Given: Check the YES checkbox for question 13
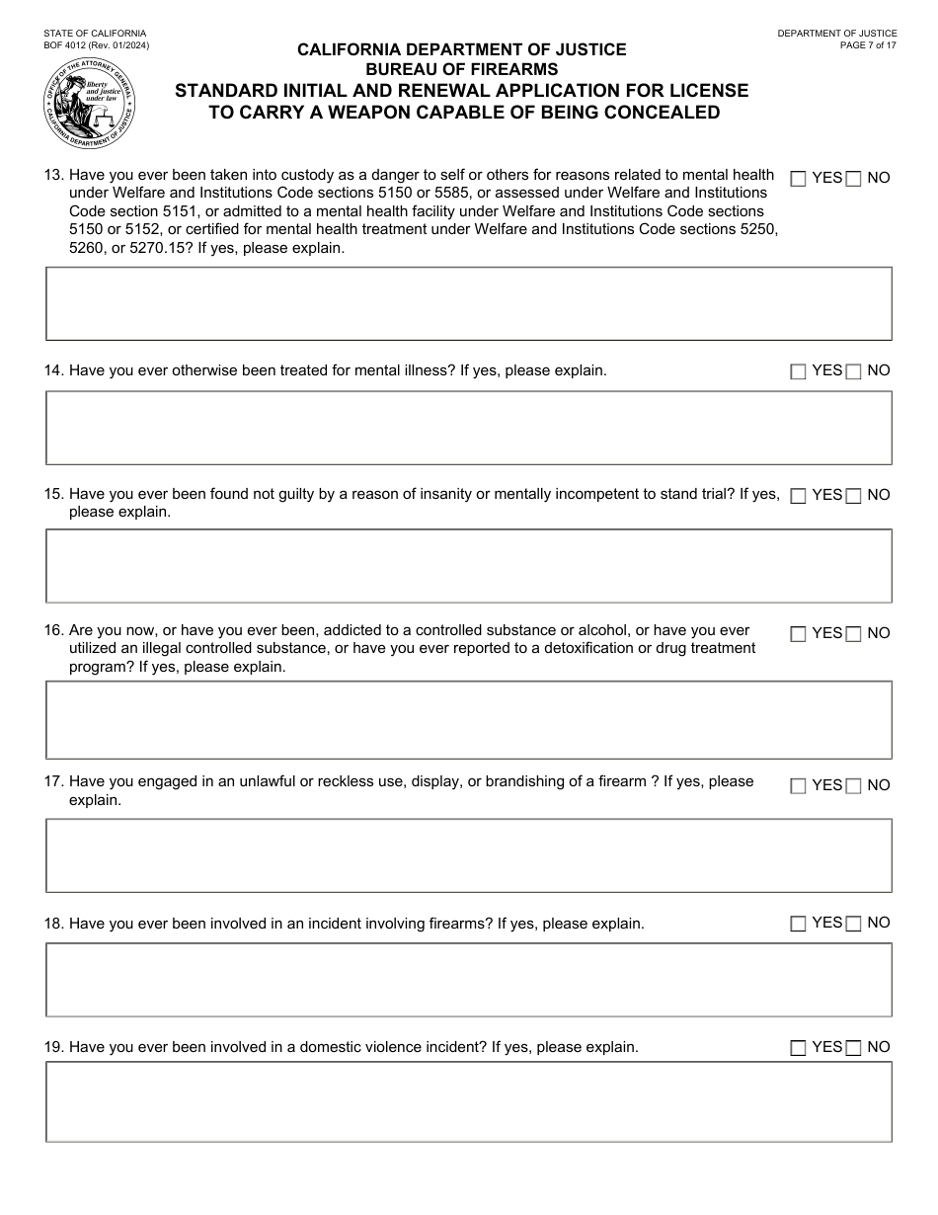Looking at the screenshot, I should tap(799, 179).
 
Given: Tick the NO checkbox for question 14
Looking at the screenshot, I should tap(854, 371).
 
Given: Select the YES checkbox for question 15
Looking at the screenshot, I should tap(799, 496).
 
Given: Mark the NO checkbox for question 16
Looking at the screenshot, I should tap(854, 634).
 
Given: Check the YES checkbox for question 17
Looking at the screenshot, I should tap(799, 786).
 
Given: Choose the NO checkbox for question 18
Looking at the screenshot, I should tap(854, 924).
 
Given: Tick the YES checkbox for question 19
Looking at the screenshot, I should tap(799, 1048).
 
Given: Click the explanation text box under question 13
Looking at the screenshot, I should tap(469, 303).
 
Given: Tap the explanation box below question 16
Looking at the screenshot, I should tap(469, 719).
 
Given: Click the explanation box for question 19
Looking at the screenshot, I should tap(469, 1101).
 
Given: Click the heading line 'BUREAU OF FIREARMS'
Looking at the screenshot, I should tap(462, 69).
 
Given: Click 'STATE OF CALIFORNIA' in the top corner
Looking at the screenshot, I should tap(95, 33).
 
